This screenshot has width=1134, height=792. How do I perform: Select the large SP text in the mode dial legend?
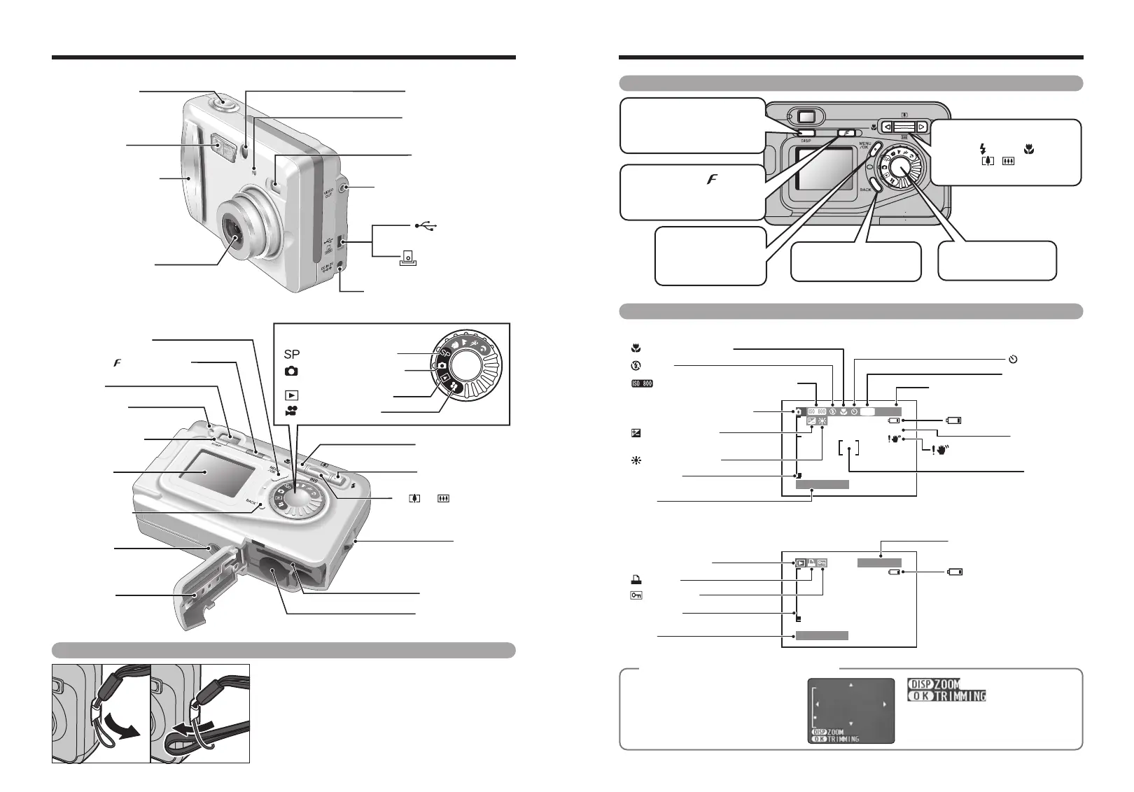[292, 355]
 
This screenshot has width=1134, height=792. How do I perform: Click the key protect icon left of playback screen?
[636, 595]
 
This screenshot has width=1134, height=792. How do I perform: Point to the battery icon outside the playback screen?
[955, 572]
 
